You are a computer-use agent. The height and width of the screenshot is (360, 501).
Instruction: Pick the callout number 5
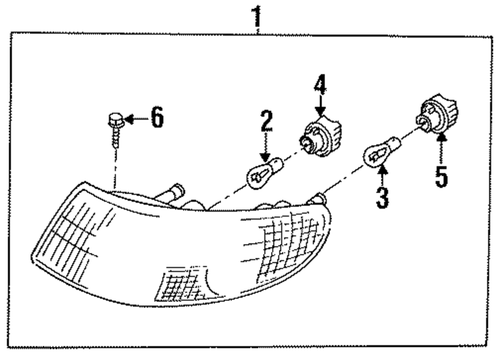(x=441, y=177)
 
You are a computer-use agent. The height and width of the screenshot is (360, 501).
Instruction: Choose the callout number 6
(x=157, y=119)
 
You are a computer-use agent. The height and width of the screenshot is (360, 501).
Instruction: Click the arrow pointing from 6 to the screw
(x=134, y=119)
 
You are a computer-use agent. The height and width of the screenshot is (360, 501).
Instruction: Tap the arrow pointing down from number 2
(x=266, y=148)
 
